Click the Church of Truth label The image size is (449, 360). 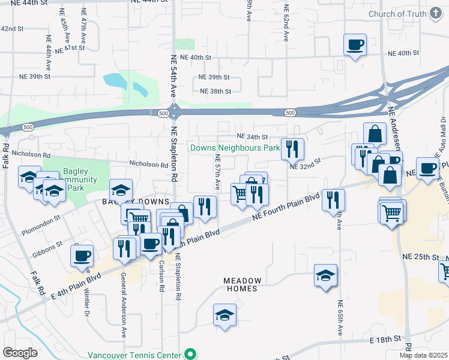398,14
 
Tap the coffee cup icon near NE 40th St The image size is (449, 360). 355,44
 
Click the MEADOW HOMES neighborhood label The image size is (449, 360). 243,284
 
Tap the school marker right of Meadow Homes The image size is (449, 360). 325,276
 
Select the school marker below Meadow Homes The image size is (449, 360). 224,314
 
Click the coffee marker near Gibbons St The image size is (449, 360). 82,256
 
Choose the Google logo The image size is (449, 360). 19,353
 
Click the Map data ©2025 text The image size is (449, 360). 424,355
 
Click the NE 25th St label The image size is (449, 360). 421,256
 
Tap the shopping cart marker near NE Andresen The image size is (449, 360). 392,211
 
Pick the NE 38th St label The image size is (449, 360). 215,91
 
